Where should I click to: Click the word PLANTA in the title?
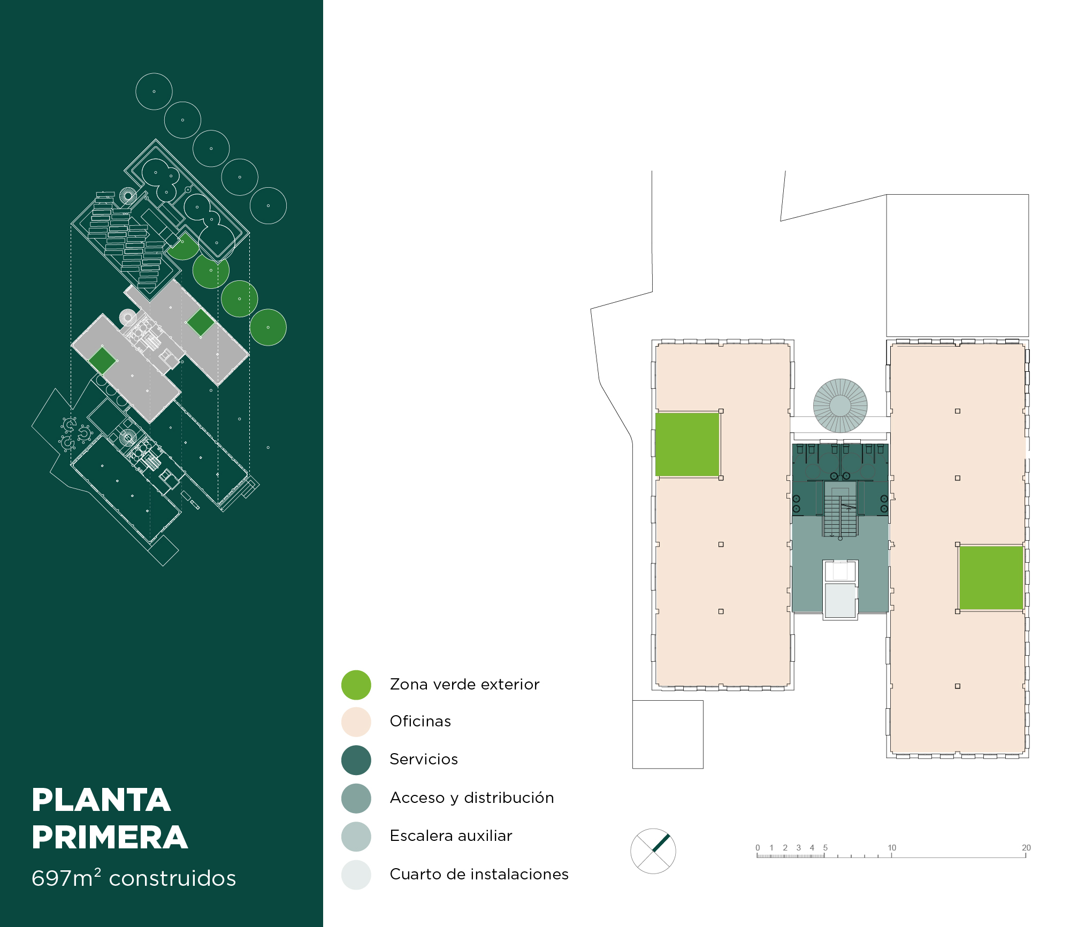tap(101, 800)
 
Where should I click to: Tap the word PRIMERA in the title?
tap(110, 837)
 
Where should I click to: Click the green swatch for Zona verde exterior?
tap(356, 685)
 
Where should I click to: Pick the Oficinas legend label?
tap(421, 721)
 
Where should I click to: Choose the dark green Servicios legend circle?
tap(356, 760)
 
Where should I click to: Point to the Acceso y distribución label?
tap(472, 798)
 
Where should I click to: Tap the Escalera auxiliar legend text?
tap(451, 836)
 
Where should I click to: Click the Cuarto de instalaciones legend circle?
tap(356, 875)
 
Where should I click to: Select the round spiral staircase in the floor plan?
tap(840, 405)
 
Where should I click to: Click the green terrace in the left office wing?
tap(687, 444)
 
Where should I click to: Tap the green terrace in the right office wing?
tap(991, 578)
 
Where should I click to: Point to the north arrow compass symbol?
tap(653, 851)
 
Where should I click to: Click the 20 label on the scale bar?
tap(1026, 847)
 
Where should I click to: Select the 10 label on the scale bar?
tap(892, 847)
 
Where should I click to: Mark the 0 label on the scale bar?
tap(758, 847)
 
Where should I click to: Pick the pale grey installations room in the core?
tap(840, 601)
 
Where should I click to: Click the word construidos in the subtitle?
tap(172, 878)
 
